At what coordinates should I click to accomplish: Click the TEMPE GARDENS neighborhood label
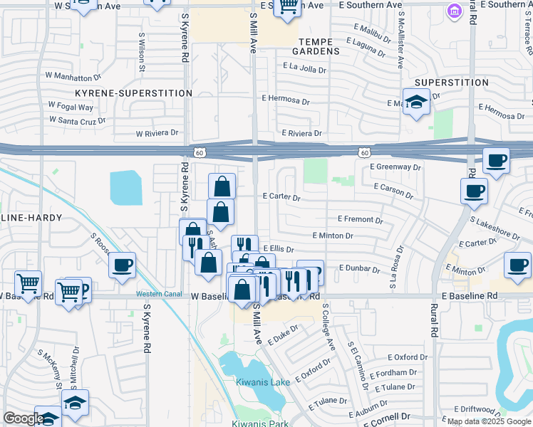[x=319, y=47]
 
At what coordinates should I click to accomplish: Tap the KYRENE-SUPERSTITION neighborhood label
[x=134, y=93]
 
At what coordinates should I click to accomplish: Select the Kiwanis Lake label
[x=263, y=382]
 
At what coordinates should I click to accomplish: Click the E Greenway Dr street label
[x=396, y=167]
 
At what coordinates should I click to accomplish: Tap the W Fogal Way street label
[x=71, y=107]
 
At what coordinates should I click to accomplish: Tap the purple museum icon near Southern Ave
[x=453, y=12]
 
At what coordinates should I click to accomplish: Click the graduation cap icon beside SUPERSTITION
[x=416, y=102]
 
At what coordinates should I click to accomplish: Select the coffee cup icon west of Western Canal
[x=123, y=265]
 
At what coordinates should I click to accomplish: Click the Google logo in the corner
[x=24, y=418]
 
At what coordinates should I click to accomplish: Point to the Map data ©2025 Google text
[x=488, y=421]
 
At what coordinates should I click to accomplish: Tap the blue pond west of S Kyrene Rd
[x=126, y=189]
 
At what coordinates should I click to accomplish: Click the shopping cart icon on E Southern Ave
[x=287, y=6]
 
